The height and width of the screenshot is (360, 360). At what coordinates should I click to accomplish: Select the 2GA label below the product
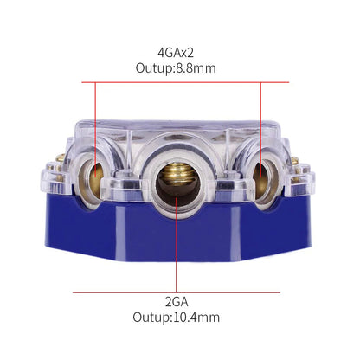click(178, 301)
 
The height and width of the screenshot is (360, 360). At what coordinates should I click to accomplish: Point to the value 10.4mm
click(199, 318)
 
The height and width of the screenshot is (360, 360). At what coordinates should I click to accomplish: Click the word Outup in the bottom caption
click(154, 318)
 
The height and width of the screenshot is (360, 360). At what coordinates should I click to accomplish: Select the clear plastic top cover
click(178, 130)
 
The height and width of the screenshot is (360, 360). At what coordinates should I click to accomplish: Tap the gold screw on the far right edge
click(294, 162)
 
